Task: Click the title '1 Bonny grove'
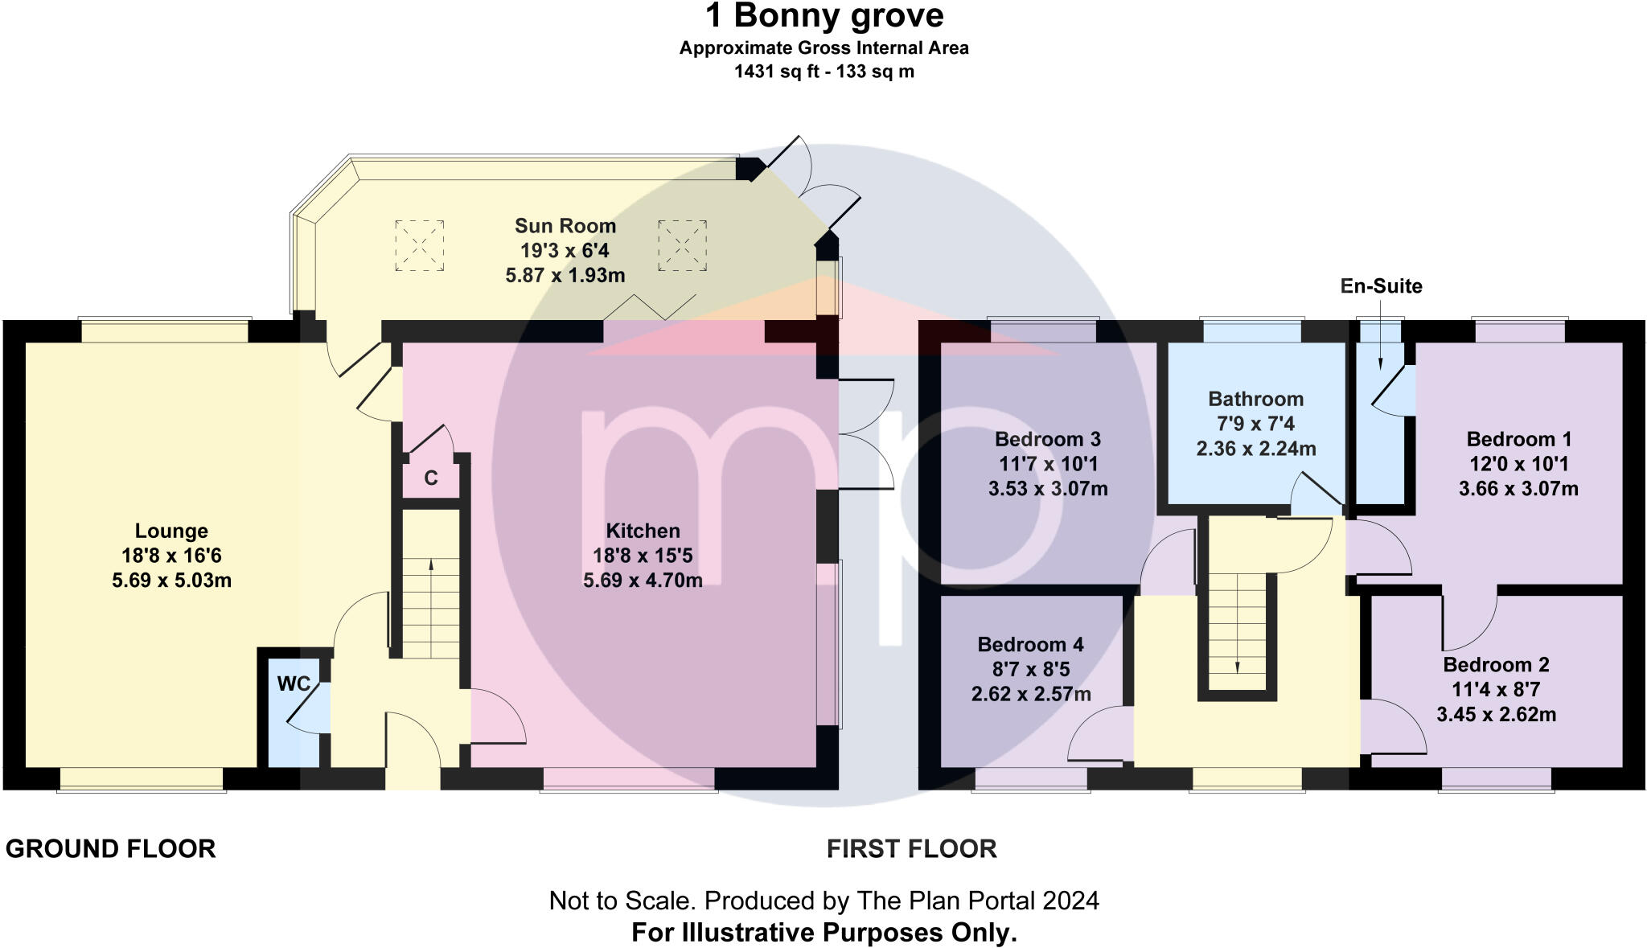(824, 16)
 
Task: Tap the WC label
(294, 683)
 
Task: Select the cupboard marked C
(431, 478)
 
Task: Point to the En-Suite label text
(1381, 286)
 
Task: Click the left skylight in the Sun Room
(419, 245)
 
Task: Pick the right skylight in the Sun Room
(682, 245)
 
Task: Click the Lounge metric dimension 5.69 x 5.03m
(171, 581)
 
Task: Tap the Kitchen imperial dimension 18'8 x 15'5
(643, 556)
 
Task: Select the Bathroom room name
(1255, 399)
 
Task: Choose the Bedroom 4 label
(1030, 644)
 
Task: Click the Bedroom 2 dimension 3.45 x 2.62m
(1496, 714)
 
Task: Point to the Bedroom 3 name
(1047, 439)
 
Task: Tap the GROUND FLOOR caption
(111, 848)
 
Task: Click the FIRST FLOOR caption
(912, 848)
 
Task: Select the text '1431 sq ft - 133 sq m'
(824, 72)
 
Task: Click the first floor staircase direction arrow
(1237, 623)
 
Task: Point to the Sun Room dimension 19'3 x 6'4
(565, 251)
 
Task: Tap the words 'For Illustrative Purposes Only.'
(824, 933)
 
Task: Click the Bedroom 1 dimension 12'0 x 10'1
(1518, 464)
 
